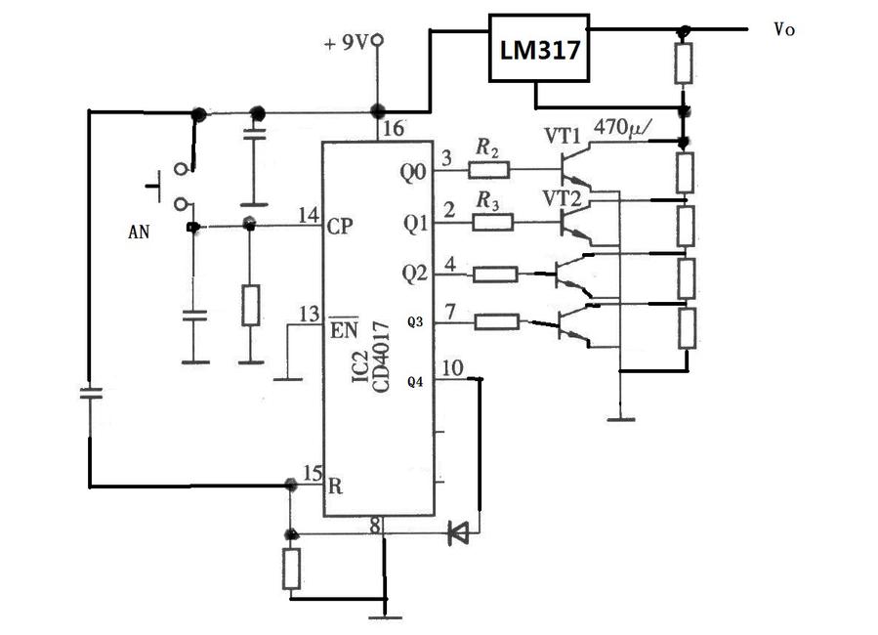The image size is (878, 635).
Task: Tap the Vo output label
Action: (783, 30)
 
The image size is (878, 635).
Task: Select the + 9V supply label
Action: (347, 44)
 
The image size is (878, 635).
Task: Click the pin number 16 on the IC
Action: (389, 127)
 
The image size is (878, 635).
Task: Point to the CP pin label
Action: (341, 225)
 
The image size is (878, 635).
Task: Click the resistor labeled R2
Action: (488, 170)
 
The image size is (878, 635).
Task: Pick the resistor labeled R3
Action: (493, 223)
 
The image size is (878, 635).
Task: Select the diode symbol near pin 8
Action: (456, 533)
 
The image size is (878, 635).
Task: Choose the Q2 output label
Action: (414, 273)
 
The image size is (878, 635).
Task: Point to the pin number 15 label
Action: (313, 474)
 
